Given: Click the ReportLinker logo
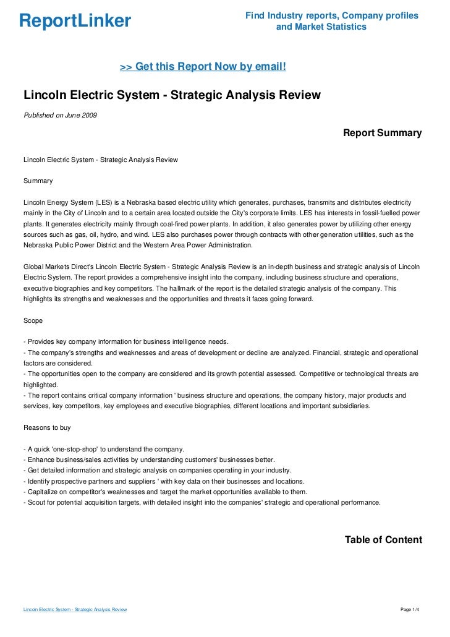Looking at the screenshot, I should click(75, 21).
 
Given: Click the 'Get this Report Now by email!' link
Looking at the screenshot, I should click(203, 66).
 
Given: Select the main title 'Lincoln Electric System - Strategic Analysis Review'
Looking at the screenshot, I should click(172, 95).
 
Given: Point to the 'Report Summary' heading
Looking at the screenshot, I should click(382, 133).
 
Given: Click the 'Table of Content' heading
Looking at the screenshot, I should click(383, 540).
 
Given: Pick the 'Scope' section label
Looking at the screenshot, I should click(33, 321).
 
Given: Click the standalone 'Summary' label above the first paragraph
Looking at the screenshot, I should click(38, 181).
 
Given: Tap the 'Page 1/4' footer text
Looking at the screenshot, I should click(410, 610).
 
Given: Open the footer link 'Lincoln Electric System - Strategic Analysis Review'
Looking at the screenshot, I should click(75, 610).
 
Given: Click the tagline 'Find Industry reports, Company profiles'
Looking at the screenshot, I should click(331, 15).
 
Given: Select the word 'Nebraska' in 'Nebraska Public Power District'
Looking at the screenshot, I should click(39, 246).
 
